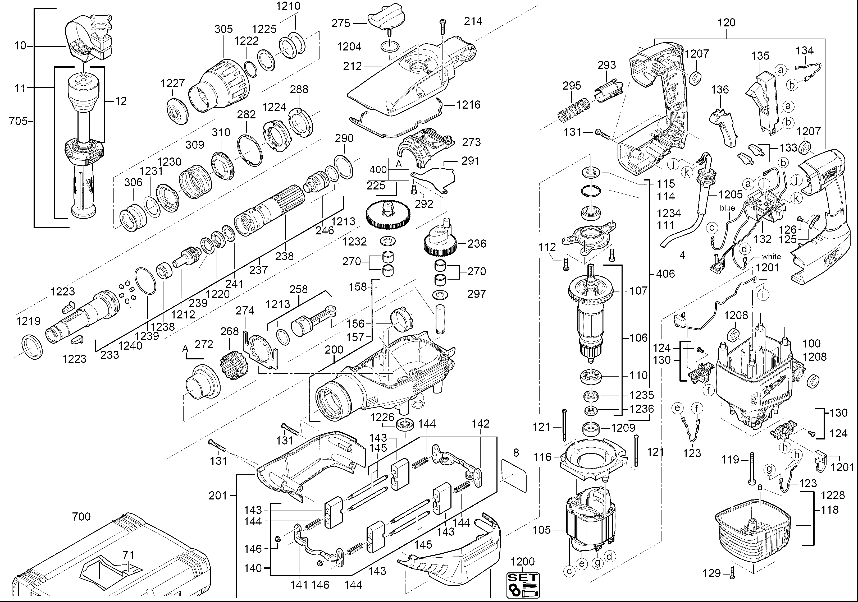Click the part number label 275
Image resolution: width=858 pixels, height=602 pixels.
(x=341, y=24)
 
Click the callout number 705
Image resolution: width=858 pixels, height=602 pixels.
(x=18, y=121)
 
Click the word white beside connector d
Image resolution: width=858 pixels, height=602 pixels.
(x=771, y=257)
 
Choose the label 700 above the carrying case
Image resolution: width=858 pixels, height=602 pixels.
(x=81, y=517)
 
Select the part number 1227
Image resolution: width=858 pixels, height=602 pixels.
(x=173, y=83)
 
